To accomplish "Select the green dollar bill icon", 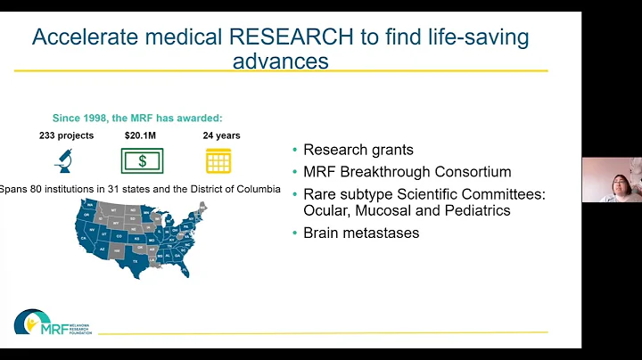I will (142, 160).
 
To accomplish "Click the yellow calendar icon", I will (218, 160).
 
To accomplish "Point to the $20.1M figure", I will (141, 135).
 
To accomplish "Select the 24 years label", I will (221, 135).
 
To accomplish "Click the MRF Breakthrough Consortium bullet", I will (407, 171).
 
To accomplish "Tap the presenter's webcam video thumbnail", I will (611, 180).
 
